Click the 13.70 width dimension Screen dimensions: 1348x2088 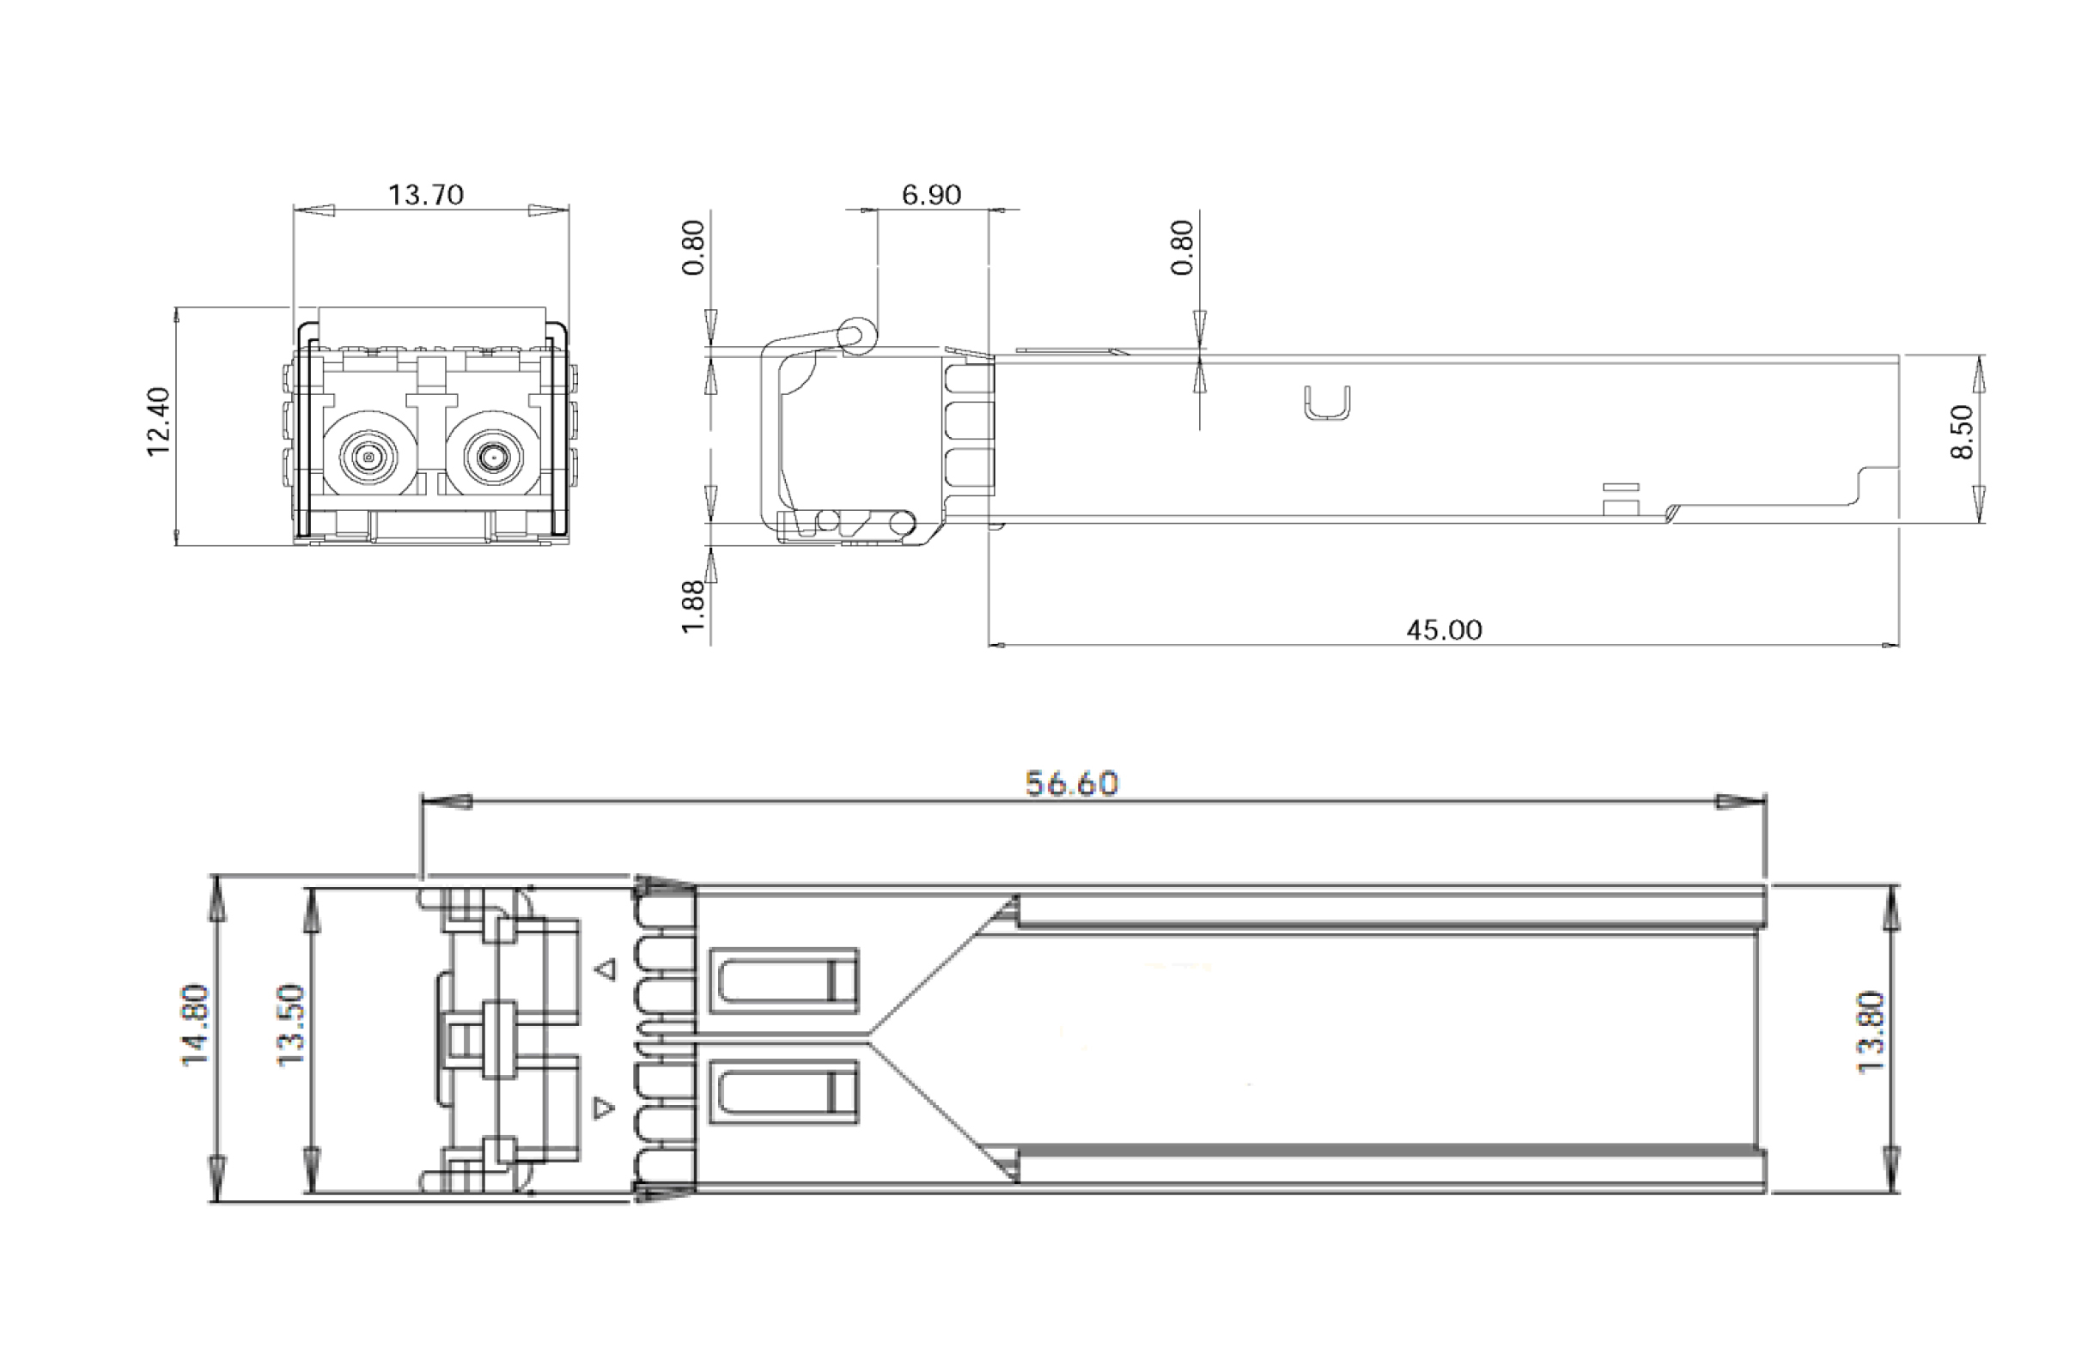pyautogui.click(x=425, y=194)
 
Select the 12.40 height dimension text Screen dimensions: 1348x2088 pyautogui.click(x=160, y=422)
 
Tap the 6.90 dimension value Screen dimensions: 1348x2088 pyautogui.click(x=931, y=194)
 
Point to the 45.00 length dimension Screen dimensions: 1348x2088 pyautogui.click(x=1444, y=630)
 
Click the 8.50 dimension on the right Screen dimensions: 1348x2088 pyautogui.click(x=1962, y=432)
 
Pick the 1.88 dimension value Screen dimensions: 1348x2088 pyautogui.click(x=692, y=605)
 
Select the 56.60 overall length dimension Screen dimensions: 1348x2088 pyautogui.click(x=1072, y=783)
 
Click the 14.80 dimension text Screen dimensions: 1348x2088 pyautogui.click(x=195, y=1025)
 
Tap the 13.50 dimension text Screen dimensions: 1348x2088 pyautogui.click(x=289, y=1025)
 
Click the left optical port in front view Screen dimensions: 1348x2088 pyautogui.click(x=368, y=457)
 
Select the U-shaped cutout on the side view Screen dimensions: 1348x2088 pyautogui.click(x=1326, y=404)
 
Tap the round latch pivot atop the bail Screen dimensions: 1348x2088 pyautogui.click(x=855, y=334)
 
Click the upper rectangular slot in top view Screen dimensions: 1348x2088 pyautogui.click(x=783, y=981)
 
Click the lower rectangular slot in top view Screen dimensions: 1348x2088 pyautogui.click(x=783, y=1091)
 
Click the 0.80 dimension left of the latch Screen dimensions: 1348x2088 pyautogui.click(x=692, y=248)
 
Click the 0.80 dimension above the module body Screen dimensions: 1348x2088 pyautogui.click(x=1181, y=248)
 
